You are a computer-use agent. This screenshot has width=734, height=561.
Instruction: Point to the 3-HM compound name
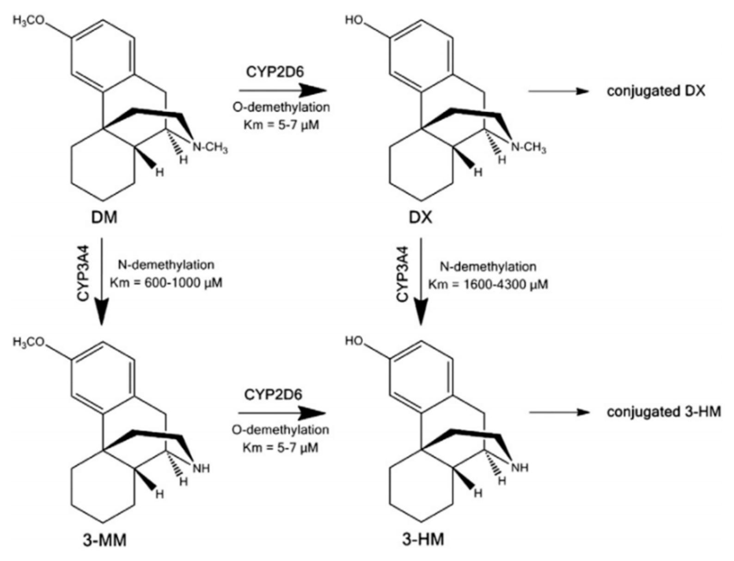(x=422, y=539)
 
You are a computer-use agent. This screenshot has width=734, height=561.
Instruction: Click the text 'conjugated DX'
(x=656, y=91)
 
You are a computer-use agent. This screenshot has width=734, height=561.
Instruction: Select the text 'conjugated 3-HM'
(x=664, y=412)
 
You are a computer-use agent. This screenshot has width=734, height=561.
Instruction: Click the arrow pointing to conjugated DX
(x=558, y=91)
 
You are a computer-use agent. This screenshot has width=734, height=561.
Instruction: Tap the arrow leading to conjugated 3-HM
(x=559, y=412)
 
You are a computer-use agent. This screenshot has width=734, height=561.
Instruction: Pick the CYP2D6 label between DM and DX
(x=275, y=72)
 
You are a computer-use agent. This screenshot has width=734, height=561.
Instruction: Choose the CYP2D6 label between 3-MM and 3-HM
(x=273, y=395)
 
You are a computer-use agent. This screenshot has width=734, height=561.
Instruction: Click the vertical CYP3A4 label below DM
(x=84, y=274)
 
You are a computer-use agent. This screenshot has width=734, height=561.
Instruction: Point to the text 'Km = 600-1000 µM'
(x=166, y=283)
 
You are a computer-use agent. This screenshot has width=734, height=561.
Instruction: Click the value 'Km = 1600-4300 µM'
(x=488, y=284)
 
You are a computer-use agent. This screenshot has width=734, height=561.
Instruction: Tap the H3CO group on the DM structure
(x=28, y=21)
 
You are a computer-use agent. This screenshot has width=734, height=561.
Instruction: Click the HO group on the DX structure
(x=354, y=20)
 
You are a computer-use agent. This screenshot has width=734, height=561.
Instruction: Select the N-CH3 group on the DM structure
(x=210, y=147)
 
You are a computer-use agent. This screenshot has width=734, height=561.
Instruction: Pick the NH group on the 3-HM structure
(x=520, y=467)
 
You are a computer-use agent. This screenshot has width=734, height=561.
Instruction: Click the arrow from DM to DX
(x=282, y=90)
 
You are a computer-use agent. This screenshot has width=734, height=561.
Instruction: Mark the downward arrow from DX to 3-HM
(x=421, y=281)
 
